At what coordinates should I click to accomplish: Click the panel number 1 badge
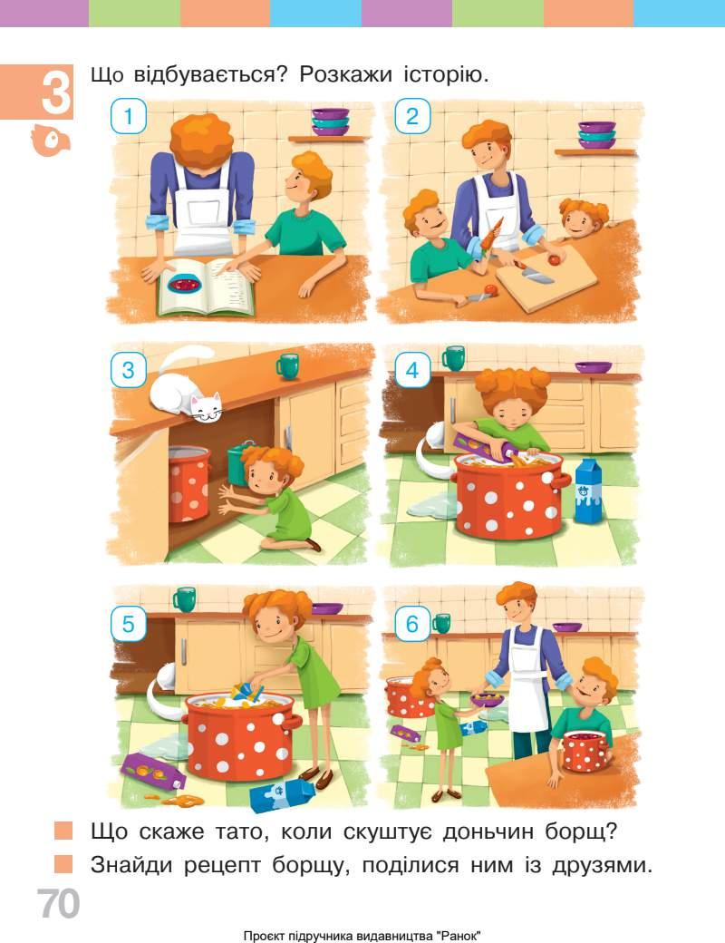129,116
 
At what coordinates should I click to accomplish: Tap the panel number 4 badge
411,370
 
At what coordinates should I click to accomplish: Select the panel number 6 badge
411,624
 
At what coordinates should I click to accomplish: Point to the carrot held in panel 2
490,235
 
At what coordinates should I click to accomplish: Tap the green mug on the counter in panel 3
287,366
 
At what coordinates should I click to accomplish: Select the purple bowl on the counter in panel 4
594,367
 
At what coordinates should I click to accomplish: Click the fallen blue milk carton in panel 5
283,793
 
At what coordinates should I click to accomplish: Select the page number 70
58,903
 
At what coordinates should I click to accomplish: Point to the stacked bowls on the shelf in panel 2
596,135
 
